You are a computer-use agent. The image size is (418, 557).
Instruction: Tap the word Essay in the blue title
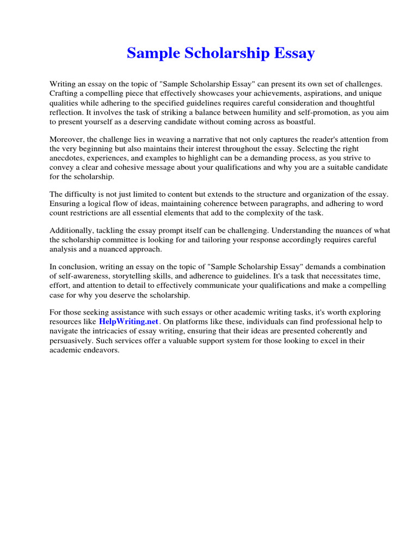point(294,54)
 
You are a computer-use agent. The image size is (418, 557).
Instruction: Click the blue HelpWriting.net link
point(128,321)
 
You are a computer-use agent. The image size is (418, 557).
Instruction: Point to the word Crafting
point(64,94)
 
